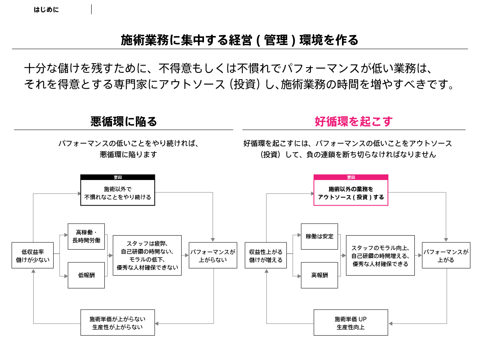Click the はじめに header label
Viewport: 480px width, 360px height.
(46, 10)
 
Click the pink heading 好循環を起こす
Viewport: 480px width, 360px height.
(354, 121)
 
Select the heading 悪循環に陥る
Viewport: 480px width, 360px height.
(124, 122)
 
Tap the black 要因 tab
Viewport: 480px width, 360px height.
(118, 177)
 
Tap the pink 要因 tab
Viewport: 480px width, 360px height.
(351, 177)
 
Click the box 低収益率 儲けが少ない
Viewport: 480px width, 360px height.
(32, 255)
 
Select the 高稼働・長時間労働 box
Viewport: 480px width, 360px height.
(86, 236)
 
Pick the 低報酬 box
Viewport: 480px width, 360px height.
(86, 275)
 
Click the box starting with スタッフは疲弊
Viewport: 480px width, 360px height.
(147, 255)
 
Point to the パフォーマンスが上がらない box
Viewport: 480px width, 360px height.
(213, 255)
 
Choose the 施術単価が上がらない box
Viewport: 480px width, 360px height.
(118, 322)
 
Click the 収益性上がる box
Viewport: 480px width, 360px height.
(266, 255)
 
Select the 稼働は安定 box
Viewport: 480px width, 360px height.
(319, 236)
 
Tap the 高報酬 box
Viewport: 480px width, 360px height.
(319, 275)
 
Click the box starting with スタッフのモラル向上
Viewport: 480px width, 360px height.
(380, 255)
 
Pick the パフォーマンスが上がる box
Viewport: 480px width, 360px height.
(446, 255)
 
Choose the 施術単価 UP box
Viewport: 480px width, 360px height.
(351, 322)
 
